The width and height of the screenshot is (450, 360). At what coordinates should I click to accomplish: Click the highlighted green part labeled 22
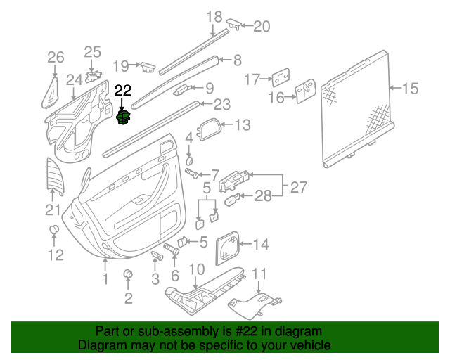click(123, 116)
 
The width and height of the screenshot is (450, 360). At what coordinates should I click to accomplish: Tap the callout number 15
click(410, 89)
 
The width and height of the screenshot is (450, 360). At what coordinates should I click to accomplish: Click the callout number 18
click(214, 16)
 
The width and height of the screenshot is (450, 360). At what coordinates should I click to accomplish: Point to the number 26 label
click(55, 57)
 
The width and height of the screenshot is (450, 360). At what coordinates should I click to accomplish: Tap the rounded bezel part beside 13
click(210, 130)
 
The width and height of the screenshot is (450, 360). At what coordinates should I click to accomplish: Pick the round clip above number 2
click(129, 274)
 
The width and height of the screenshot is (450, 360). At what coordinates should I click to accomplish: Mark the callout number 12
click(55, 255)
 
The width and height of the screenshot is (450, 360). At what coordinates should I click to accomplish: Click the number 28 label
click(262, 196)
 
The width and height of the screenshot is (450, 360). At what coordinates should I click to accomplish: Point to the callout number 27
click(299, 188)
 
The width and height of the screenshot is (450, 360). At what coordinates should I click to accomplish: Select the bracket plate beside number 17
click(283, 77)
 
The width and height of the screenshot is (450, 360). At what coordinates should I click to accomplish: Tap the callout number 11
click(260, 273)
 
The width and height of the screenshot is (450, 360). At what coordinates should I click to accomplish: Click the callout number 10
click(197, 269)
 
